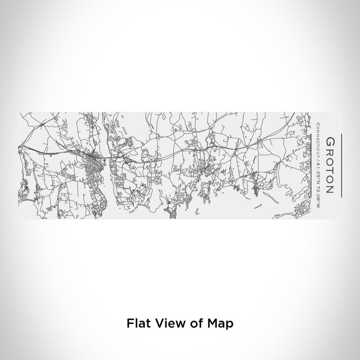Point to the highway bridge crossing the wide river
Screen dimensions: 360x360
[100, 156]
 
